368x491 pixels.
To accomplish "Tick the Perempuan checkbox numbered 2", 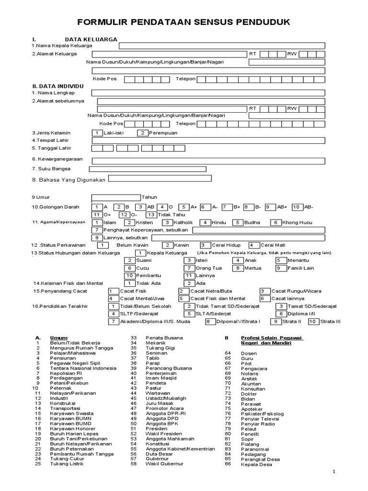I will point(143,133).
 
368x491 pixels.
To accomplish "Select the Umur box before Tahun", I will point(115,197).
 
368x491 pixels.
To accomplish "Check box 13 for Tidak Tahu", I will point(152,215).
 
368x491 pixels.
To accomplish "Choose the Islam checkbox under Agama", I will point(97,222).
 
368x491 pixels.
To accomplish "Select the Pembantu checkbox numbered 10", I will point(130,276).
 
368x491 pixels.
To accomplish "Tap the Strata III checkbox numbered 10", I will point(313,322).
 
